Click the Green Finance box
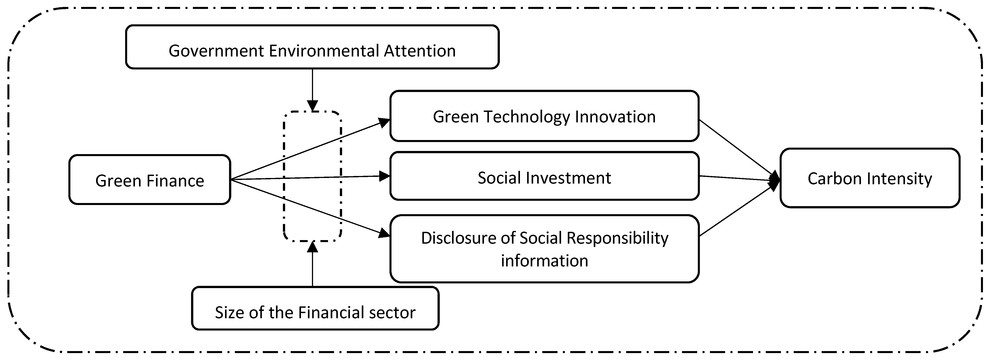point(150,180)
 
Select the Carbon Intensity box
point(870,178)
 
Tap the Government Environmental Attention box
point(312,47)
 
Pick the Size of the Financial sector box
point(315,308)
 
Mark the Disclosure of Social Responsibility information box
point(544,249)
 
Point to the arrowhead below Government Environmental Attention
point(313,106)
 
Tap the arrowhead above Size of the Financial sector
point(313,247)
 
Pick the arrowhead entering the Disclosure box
point(385,233)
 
